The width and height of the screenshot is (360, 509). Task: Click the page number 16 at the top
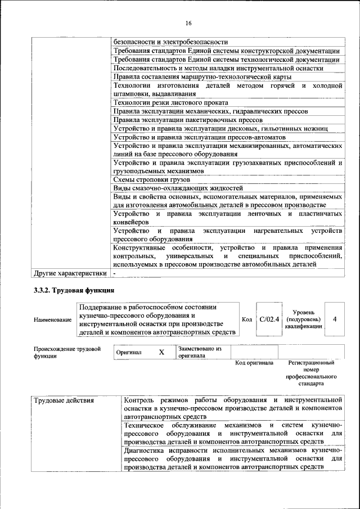click(x=187, y=23)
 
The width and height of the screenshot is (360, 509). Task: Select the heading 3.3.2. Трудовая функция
click(x=74, y=290)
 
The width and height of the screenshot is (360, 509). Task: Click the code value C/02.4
click(x=269, y=319)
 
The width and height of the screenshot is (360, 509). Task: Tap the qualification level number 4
click(x=335, y=319)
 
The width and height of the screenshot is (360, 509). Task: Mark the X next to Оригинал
click(x=161, y=352)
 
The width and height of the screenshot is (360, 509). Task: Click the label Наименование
click(x=53, y=320)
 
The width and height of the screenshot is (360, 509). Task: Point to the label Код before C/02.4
click(x=246, y=319)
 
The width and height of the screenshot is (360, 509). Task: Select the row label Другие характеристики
click(x=70, y=273)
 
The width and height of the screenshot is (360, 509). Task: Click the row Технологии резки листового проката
click(x=170, y=102)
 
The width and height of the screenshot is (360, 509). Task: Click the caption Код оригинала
click(x=254, y=363)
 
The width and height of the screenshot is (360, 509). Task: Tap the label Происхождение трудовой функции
click(x=66, y=352)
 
